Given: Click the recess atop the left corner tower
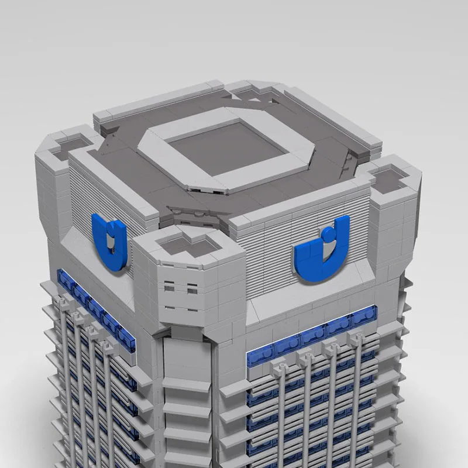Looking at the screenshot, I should (66, 147).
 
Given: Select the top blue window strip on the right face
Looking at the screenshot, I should (310, 339).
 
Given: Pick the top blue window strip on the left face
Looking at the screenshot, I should (94, 307).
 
